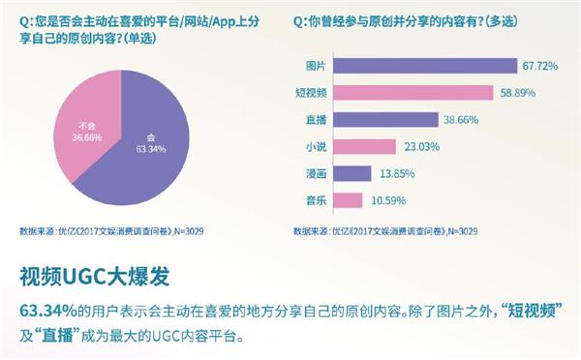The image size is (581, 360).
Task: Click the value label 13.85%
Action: (x=395, y=174)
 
